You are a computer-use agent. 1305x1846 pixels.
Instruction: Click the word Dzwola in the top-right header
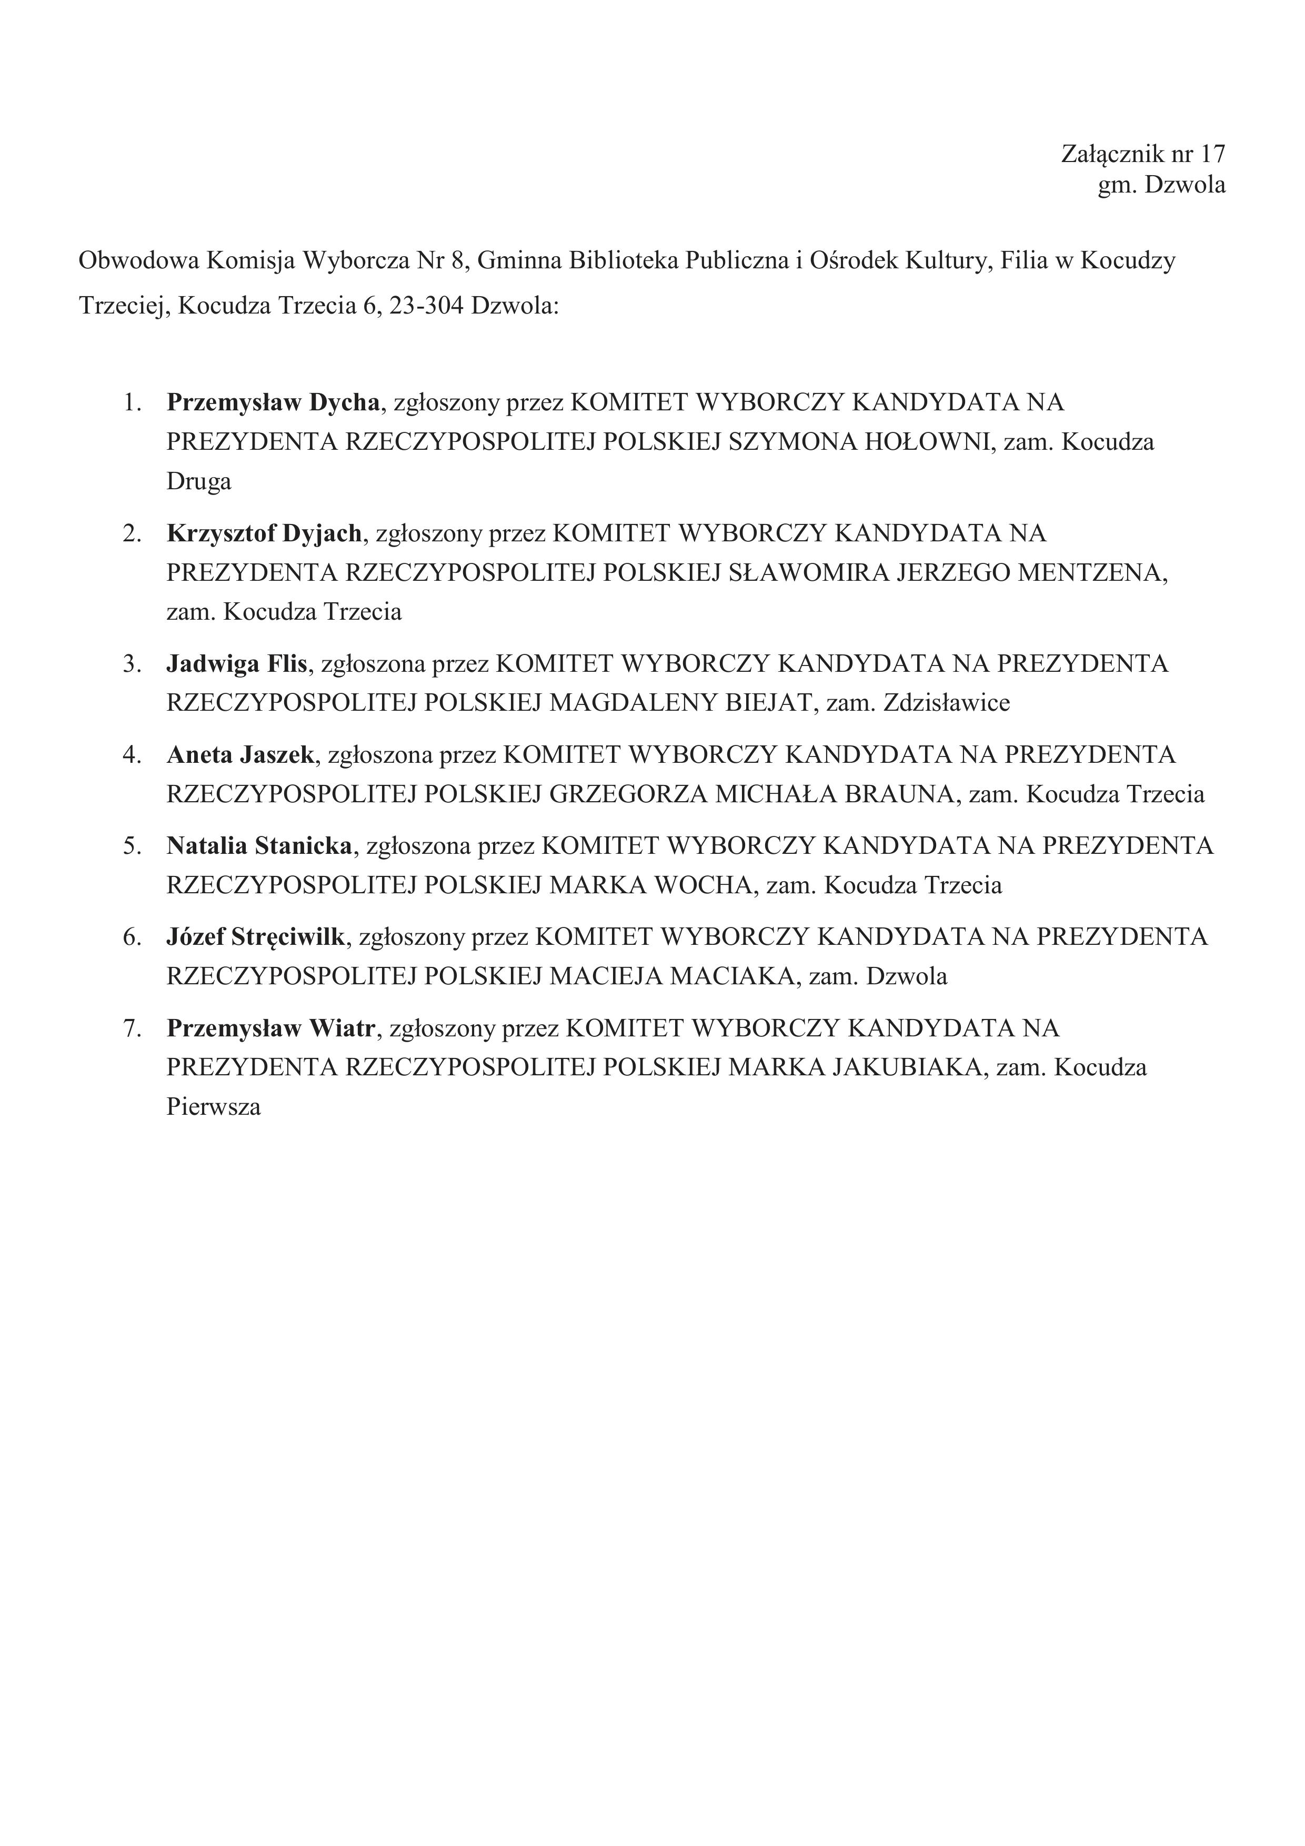click(x=1185, y=185)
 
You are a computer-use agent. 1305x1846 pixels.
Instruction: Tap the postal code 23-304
click(x=426, y=306)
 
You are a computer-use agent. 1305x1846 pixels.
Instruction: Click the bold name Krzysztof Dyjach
click(x=265, y=533)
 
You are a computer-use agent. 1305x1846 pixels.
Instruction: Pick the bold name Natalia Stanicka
click(x=260, y=846)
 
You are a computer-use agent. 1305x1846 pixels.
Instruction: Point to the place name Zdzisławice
click(x=946, y=703)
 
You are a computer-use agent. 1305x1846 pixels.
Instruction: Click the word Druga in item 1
click(x=198, y=481)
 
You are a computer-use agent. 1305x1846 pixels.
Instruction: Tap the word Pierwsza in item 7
click(x=213, y=1107)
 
